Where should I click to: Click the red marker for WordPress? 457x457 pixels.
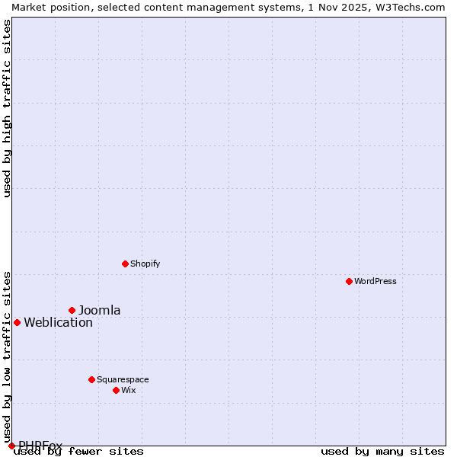click(x=349, y=281)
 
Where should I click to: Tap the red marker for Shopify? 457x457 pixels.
click(x=125, y=264)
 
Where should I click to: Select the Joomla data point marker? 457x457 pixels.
click(x=72, y=310)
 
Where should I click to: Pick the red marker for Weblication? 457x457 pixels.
click(x=17, y=322)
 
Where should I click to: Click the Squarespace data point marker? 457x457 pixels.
click(x=91, y=379)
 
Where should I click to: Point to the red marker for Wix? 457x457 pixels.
click(x=116, y=390)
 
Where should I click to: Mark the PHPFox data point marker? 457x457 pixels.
click(x=11, y=446)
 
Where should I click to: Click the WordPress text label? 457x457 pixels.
click(x=376, y=281)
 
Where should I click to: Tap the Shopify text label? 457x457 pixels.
click(x=145, y=264)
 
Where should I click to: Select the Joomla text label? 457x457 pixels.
click(x=100, y=310)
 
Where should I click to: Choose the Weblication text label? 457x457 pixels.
click(x=58, y=322)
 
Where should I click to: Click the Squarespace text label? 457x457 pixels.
click(x=123, y=379)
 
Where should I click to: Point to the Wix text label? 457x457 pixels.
click(x=129, y=390)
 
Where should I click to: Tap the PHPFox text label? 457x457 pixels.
click(x=40, y=445)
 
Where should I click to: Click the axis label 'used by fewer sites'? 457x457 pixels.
click(x=79, y=452)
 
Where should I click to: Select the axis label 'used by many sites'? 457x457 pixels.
click(x=382, y=452)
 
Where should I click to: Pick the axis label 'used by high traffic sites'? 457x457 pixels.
click(x=8, y=108)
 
